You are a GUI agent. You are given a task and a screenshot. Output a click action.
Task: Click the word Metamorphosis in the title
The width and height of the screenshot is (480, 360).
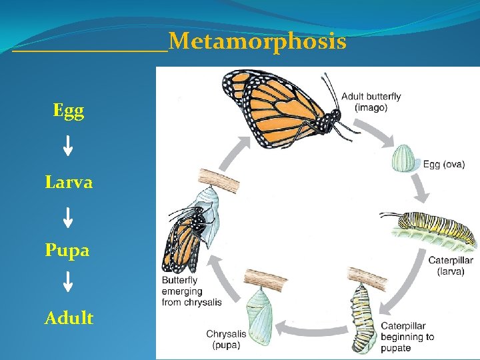pos(257,43)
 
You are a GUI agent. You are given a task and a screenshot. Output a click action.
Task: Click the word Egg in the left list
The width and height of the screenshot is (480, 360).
pos(69,110)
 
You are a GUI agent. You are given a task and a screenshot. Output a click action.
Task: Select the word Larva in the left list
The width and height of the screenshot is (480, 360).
pos(69,181)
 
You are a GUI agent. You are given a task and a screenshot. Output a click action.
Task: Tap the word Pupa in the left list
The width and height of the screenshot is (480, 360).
pos(67,250)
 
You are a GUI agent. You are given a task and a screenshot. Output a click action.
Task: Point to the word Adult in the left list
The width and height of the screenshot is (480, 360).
pos(69,318)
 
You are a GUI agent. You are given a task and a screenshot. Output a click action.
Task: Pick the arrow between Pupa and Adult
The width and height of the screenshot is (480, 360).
pos(68,282)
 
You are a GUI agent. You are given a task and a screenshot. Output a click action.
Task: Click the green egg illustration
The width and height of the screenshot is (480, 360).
pos(403,159)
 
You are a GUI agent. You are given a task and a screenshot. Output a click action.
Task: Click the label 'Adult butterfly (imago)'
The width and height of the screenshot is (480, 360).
pos(371,102)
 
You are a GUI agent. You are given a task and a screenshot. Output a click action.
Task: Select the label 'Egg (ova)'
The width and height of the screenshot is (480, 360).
pos(444,165)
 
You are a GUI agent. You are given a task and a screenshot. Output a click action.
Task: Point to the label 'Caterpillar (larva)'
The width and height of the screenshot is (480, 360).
pos(451,266)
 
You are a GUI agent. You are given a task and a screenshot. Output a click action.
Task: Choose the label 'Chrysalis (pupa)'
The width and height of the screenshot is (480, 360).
pos(226,339)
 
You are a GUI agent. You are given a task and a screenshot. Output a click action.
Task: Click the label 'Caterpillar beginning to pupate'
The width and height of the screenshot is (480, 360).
pos(407,337)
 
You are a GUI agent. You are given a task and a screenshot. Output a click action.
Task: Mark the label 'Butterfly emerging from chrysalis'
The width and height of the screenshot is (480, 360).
pos(191,291)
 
